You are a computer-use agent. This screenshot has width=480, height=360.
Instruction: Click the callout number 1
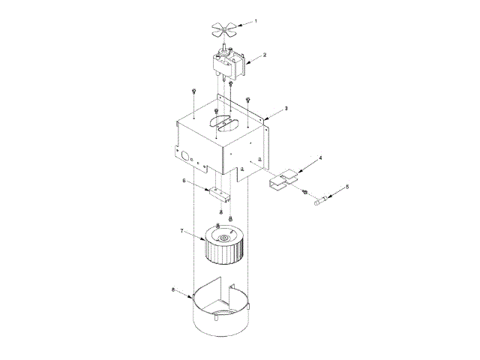tap(255, 22)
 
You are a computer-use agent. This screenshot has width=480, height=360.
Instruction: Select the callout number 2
tap(266, 54)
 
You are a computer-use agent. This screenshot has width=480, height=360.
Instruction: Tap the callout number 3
tap(286, 108)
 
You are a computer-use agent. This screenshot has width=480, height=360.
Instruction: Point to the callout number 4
tap(321, 158)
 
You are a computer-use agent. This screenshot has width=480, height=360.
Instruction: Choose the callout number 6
tap(184, 180)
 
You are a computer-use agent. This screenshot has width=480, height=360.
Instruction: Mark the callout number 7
tap(181, 232)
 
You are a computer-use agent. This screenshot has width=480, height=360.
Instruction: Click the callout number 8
tap(174, 289)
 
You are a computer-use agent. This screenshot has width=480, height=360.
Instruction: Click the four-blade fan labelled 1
tap(225, 29)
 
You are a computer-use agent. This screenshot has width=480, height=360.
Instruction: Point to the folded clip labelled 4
tap(283, 181)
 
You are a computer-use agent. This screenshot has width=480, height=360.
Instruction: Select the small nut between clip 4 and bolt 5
tap(305, 193)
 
